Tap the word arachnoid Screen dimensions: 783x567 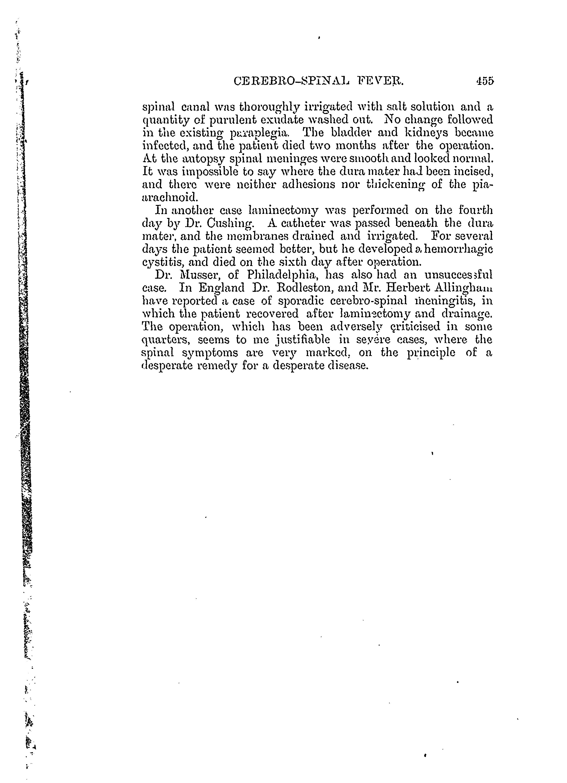pos(170,197)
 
